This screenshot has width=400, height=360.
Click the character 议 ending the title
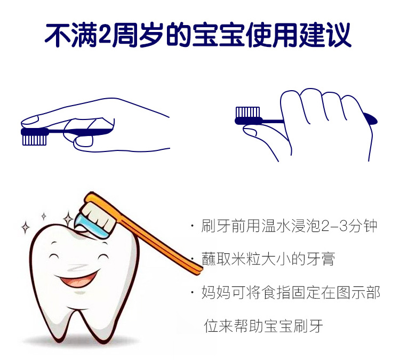pos(338,35)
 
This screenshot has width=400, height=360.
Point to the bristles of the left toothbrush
pos(35,140)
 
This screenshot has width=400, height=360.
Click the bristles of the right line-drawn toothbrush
pos(247,112)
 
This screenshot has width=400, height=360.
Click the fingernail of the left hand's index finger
pos(30,121)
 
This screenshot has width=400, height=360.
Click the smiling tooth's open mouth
pos(77,280)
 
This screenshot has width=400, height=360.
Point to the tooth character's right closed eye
pos(102,256)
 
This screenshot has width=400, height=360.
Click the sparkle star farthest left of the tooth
pos(25,227)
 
